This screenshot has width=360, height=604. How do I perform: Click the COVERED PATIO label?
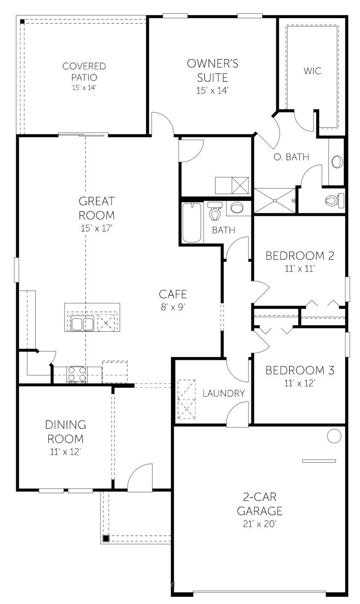pos(84,71)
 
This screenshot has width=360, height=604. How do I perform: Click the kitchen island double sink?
pos(82,324)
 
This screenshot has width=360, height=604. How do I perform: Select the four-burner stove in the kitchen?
pos(77,374)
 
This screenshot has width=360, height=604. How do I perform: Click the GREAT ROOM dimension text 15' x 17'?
pos(96,228)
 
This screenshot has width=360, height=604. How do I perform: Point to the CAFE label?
pos(173,294)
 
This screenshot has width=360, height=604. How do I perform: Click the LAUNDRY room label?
pos(224,393)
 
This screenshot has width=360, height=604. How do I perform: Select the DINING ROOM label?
pos(66,432)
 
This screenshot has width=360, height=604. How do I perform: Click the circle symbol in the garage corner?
pos(334,436)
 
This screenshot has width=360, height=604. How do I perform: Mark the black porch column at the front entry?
pos(106,538)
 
